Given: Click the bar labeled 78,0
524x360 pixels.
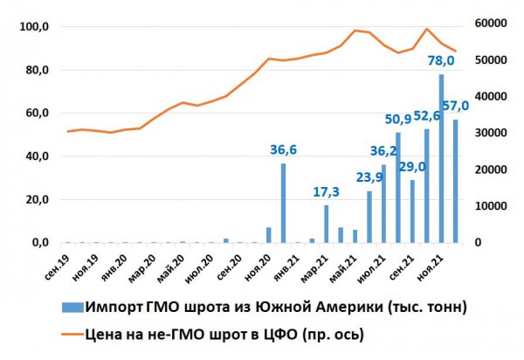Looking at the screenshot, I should [x=441, y=159].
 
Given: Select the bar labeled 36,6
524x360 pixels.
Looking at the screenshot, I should [x=283, y=203].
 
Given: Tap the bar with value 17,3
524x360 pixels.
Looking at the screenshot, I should [x=327, y=224].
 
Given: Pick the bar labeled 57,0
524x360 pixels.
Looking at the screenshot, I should [x=455, y=181].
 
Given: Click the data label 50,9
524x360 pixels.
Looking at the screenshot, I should [x=399, y=119].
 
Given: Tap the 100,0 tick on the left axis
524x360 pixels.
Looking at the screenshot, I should [x=34, y=27].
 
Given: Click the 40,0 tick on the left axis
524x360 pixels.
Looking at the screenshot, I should [x=36, y=156].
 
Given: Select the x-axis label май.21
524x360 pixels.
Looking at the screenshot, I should [x=341, y=261].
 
